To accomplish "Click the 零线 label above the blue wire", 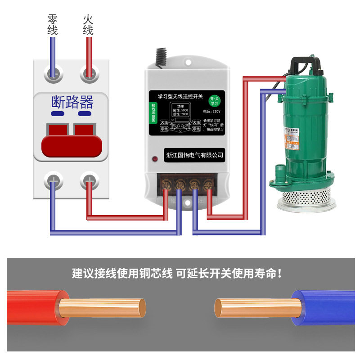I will [x=53, y=25].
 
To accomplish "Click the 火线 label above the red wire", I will [x=88, y=25].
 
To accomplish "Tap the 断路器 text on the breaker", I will [x=72, y=102].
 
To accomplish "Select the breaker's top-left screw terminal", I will [x=53, y=72].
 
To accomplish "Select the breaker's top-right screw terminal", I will [x=89, y=72].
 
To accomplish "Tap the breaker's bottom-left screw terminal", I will [x=53, y=181].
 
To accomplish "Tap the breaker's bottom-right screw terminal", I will [x=89, y=181].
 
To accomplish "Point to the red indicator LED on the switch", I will [x=154, y=159].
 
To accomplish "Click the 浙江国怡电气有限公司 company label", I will [x=194, y=155].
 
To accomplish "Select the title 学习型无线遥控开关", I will [x=180, y=96].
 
